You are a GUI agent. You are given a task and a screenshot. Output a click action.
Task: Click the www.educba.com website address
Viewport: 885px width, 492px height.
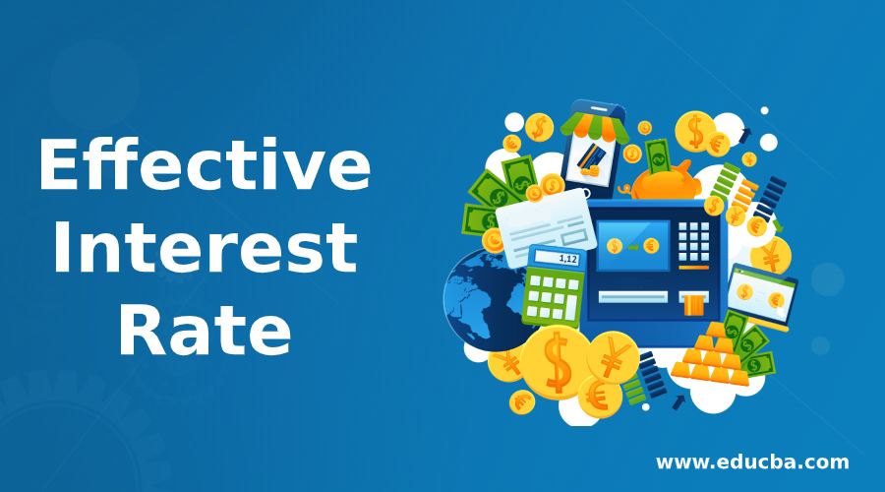tap(752, 461)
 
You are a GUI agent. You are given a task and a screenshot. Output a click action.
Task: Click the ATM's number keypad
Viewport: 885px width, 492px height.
tap(695, 238)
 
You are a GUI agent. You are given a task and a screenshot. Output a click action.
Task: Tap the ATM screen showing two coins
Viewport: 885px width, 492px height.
tap(635, 245)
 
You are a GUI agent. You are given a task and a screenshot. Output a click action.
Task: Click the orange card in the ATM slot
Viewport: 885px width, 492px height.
tap(694, 302)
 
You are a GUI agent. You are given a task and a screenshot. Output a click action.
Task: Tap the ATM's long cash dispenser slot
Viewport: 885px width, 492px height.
tap(633, 295)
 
